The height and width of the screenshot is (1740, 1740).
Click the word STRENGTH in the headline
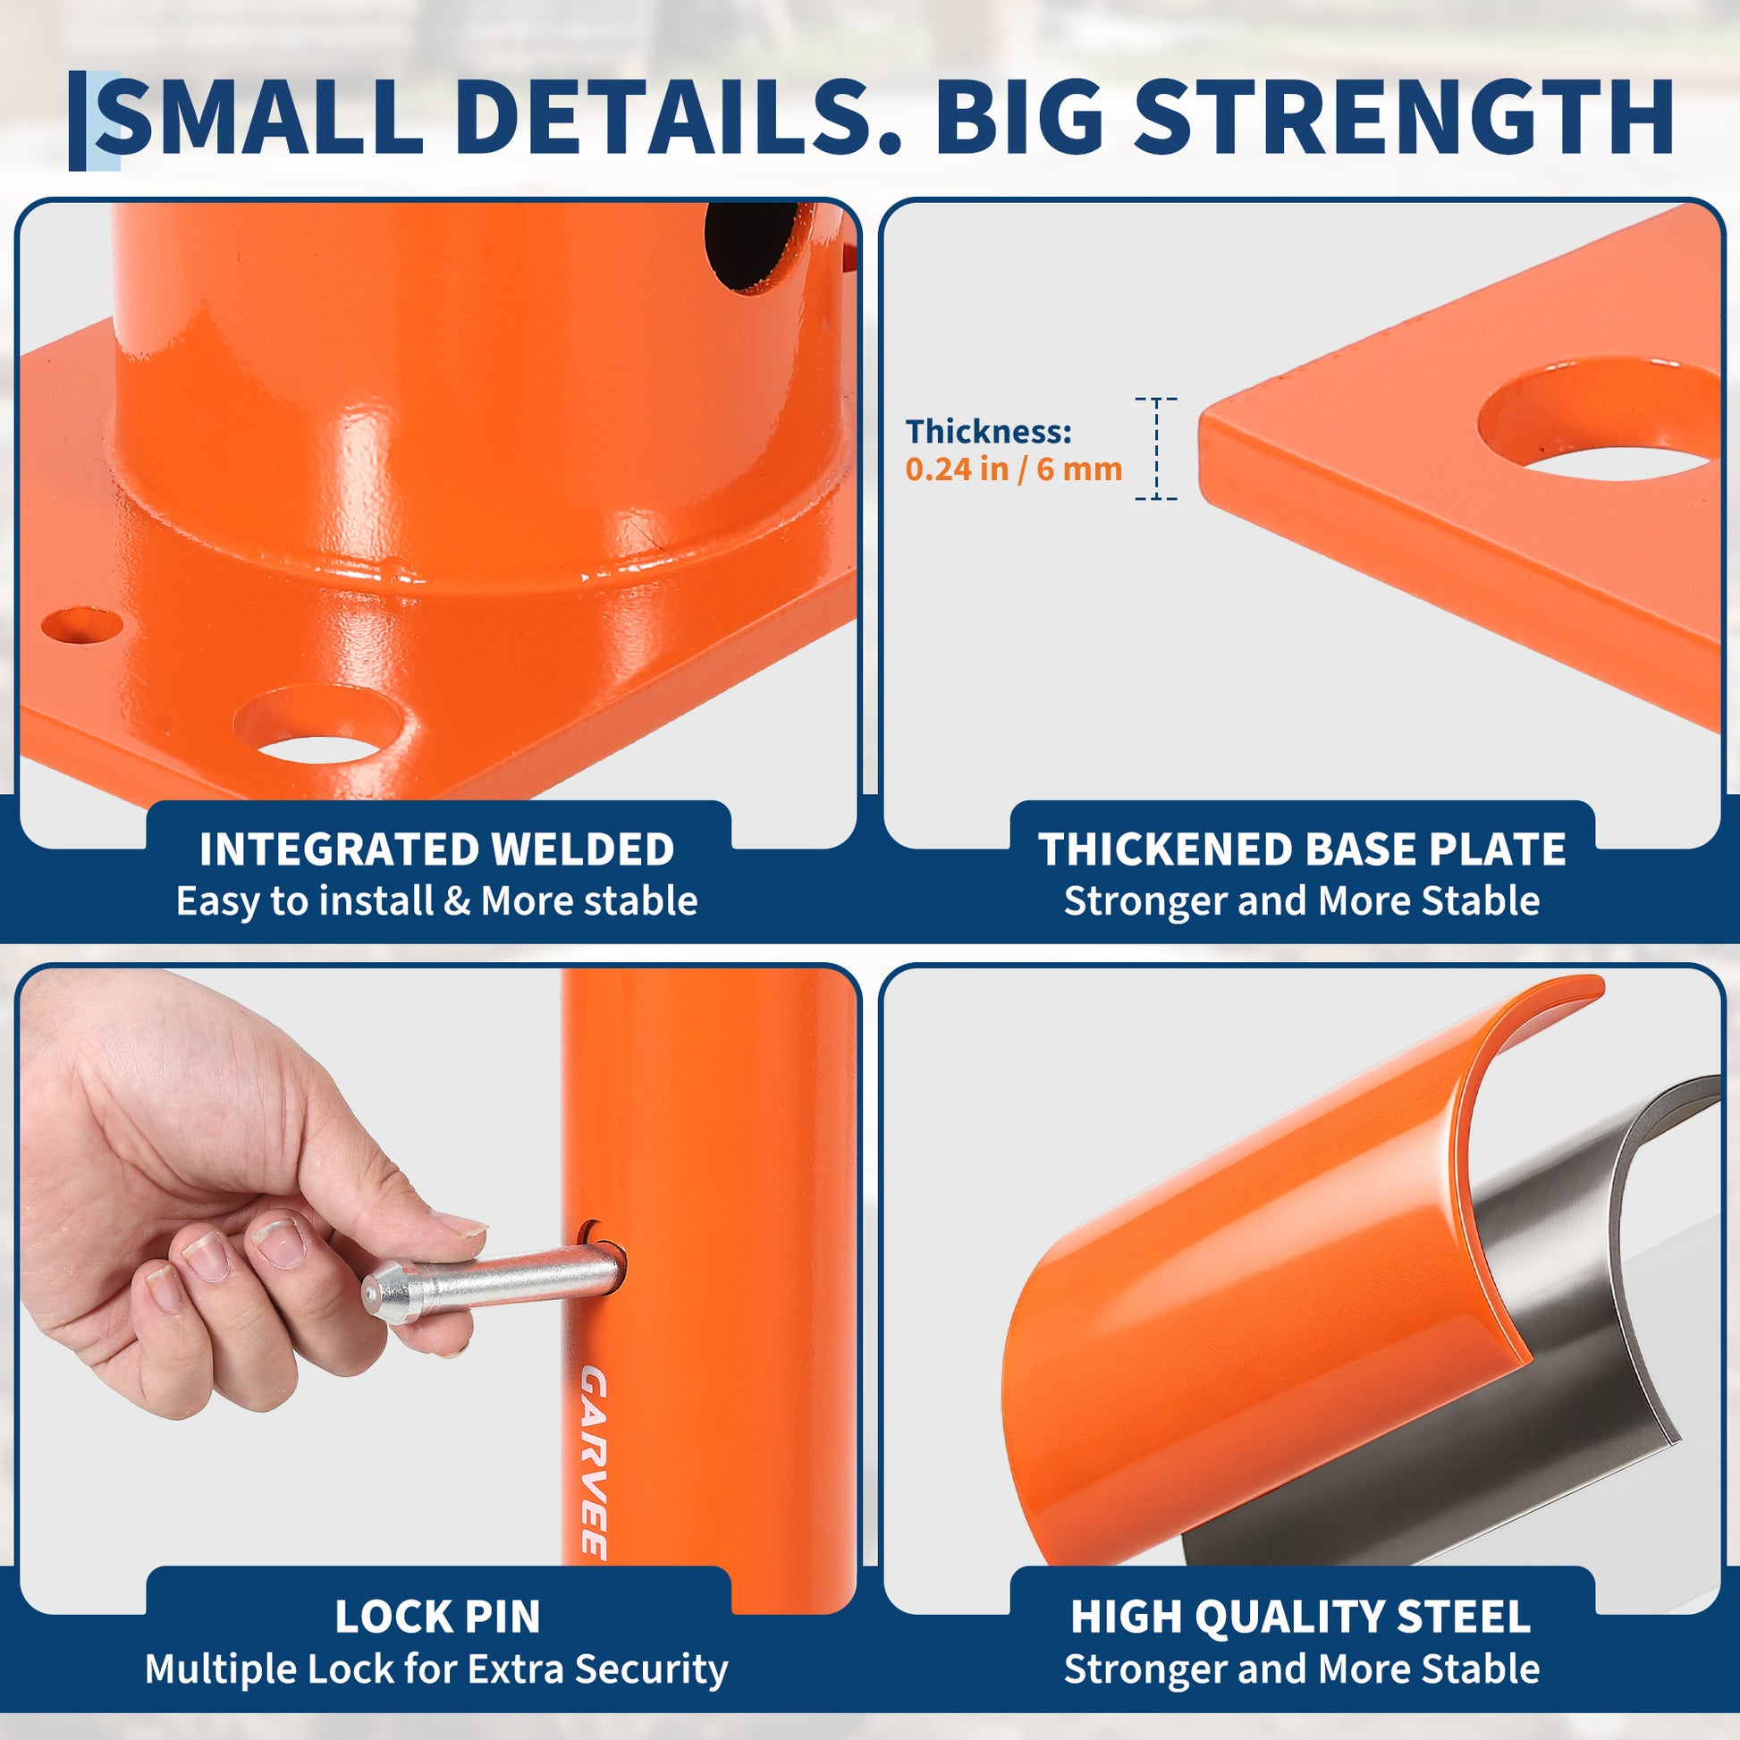pyautogui.click(x=1401, y=118)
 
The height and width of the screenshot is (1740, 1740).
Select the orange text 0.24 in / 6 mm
pyautogui.click(x=1013, y=469)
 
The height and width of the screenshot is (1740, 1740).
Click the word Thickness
pyautogui.click(x=988, y=431)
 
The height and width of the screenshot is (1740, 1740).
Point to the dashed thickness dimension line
pyautogui.click(x=1155, y=449)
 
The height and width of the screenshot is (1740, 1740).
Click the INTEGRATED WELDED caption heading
pyautogui.click(x=437, y=849)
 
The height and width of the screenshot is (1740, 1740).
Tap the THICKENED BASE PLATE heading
pyautogui.click(x=1301, y=849)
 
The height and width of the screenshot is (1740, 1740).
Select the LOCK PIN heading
pyautogui.click(x=438, y=1617)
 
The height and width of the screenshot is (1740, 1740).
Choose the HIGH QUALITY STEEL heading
pyautogui.click(x=1300, y=1617)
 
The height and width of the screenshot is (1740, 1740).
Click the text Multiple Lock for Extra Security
pyautogui.click(x=437, y=1668)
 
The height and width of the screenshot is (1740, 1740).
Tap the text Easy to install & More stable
pyautogui.click(x=437, y=901)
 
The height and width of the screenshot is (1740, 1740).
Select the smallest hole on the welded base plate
pyautogui.click(x=82, y=625)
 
